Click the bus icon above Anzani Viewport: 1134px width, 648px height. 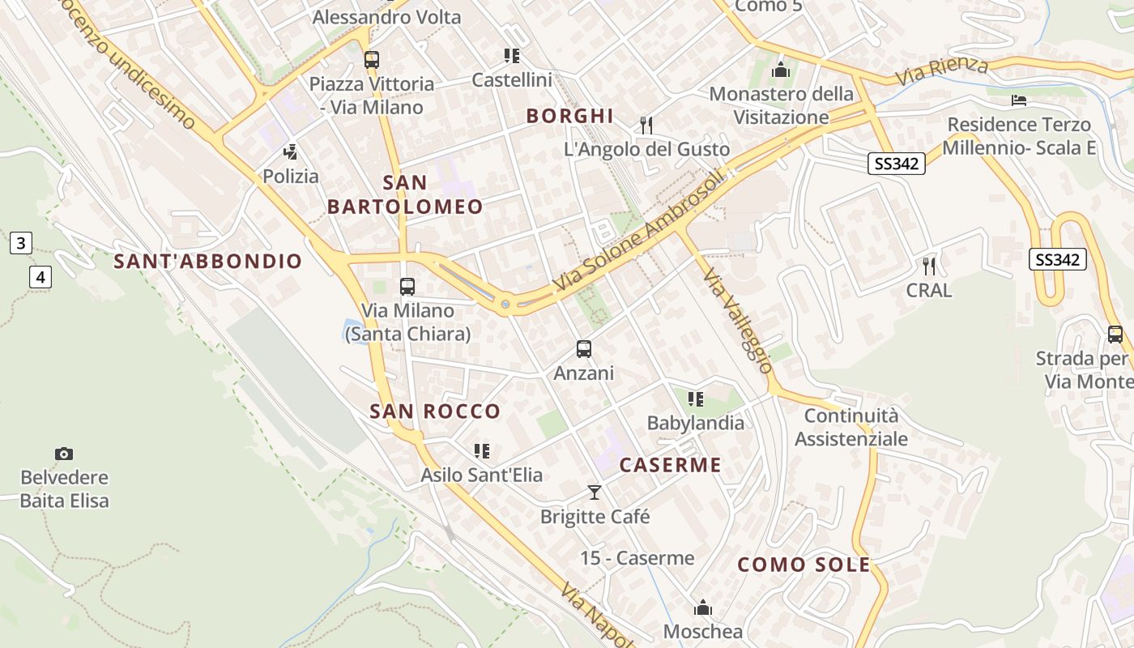coord(583,349)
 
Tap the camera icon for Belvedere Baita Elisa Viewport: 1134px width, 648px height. coord(64,454)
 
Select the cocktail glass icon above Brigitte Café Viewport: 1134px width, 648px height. coord(595,492)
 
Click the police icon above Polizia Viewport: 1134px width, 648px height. coord(290,152)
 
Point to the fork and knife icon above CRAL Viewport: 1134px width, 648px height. coord(929,266)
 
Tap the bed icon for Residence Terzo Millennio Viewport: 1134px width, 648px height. coord(1019,100)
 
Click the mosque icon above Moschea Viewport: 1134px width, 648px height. coord(702,607)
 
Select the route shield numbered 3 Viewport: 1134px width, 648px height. coord(21,242)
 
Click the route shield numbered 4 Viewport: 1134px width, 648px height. coord(40,277)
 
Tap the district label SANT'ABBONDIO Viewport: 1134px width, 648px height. coord(207,262)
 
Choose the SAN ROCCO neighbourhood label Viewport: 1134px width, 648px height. coord(435,411)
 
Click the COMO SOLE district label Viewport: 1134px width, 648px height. coord(804,565)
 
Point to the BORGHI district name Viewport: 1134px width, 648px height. coord(569,116)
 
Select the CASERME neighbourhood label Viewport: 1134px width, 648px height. coord(670,465)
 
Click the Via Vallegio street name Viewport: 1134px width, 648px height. coord(738,321)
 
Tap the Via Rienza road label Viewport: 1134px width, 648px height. coord(941,72)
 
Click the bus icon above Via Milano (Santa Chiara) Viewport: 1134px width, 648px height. coord(407,286)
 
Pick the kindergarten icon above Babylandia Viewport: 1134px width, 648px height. coord(695,399)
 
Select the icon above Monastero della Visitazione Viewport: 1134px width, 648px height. coord(781,70)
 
